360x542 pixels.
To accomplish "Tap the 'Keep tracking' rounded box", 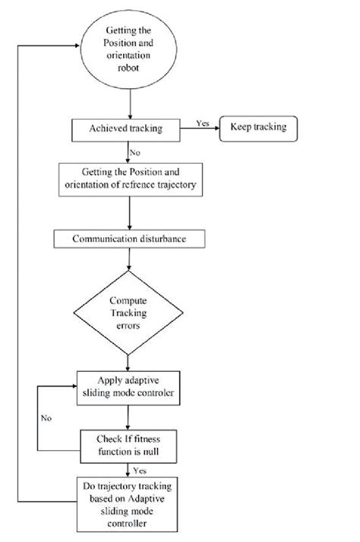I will click(x=258, y=127).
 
